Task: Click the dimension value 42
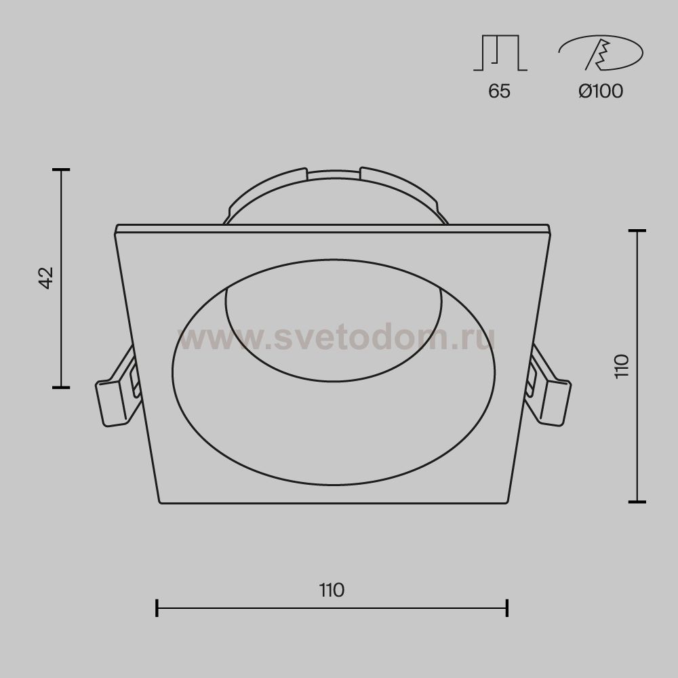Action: [x=46, y=277]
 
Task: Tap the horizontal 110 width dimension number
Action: [x=332, y=591]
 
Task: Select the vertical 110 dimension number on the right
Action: [x=621, y=366]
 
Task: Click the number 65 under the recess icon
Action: [x=500, y=91]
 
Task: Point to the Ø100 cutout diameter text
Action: [x=601, y=91]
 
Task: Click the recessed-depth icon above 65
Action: [x=500, y=53]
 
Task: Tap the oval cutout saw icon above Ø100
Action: [x=601, y=53]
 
